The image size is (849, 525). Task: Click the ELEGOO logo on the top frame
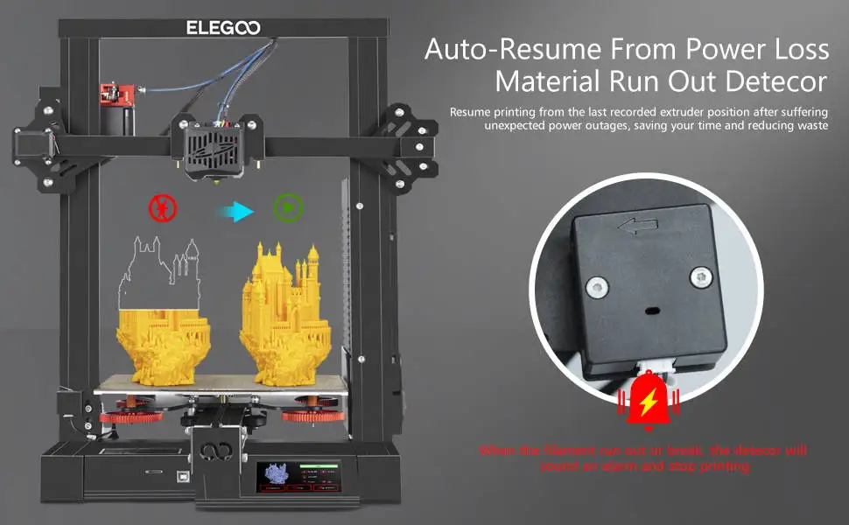(x=223, y=27)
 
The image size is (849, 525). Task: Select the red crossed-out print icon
(x=163, y=208)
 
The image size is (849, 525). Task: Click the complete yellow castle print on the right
(x=284, y=319)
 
